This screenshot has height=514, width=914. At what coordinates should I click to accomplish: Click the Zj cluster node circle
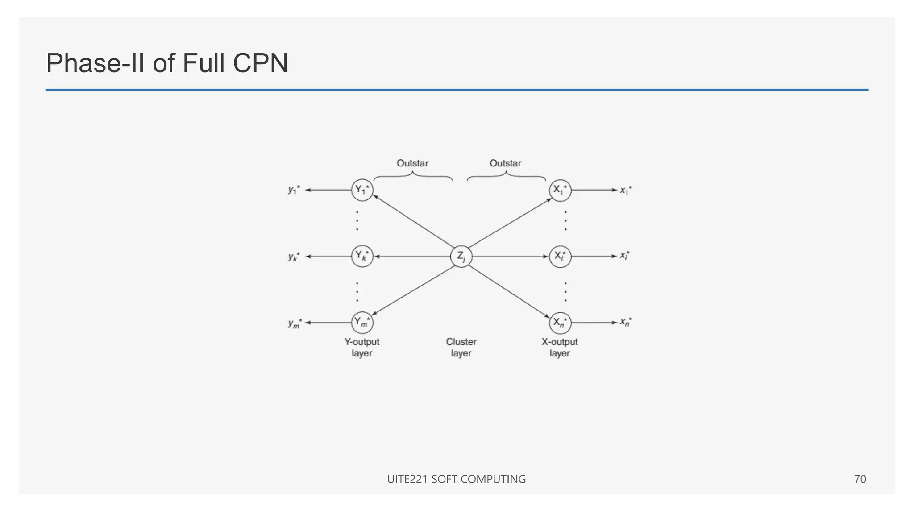pos(461,257)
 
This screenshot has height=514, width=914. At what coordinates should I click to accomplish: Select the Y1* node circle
pos(362,190)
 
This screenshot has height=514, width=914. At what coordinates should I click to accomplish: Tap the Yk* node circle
pos(362,256)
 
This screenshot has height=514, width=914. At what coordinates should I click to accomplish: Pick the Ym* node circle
pos(362,322)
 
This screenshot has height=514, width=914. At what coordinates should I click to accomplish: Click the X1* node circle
pos(560,190)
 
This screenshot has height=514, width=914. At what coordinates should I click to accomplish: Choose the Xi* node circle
pos(560,257)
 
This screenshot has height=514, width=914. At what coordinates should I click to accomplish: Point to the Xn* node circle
pos(560,322)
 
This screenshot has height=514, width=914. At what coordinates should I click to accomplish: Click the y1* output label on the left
pos(294,190)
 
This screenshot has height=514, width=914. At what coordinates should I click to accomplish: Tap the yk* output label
pos(294,257)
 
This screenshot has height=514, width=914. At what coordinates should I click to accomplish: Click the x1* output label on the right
pos(626,190)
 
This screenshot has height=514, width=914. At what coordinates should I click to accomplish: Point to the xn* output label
pos(626,322)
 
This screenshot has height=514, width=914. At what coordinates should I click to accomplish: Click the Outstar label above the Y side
pos(412,163)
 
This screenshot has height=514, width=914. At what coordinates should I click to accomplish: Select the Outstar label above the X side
pos(505,163)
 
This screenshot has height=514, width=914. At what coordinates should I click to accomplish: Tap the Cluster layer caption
pos(461,347)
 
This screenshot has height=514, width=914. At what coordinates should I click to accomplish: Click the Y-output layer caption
pos(362,347)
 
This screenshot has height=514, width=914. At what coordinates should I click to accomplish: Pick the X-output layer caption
pos(560,347)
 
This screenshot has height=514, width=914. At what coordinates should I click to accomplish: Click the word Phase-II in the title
pos(95,63)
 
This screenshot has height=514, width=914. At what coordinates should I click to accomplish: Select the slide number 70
pos(860,479)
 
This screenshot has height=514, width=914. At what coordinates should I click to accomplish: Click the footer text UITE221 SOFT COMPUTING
pos(456,479)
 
